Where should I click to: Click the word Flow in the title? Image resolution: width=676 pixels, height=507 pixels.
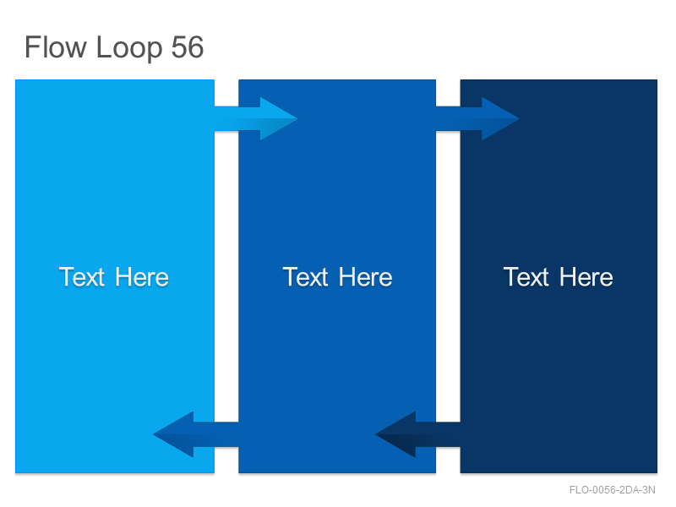[x=56, y=47]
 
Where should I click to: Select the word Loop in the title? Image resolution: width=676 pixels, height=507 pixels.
[x=129, y=48]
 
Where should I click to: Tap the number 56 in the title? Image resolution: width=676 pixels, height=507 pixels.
[x=187, y=47]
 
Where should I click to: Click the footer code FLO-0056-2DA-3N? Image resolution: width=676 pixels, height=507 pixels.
[x=612, y=490]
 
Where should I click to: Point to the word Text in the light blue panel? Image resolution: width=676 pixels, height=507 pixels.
[x=82, y=277]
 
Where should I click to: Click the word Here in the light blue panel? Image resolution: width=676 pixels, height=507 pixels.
[x=142, y=277]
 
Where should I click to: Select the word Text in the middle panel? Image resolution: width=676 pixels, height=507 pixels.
[x=305, y=277]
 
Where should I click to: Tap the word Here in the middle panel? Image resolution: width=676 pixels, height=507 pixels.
[x=366, y=277]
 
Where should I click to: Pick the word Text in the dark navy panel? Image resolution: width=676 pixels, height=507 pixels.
[x=526, y=277]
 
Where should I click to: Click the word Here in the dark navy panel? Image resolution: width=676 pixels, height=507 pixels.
[x=586, y=277]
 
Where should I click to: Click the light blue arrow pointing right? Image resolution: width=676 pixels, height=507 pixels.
[x=256, y=118]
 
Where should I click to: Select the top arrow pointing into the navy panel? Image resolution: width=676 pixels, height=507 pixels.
[x=477, y=118]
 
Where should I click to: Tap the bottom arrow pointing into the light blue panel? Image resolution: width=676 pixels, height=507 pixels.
[x=196, y=434]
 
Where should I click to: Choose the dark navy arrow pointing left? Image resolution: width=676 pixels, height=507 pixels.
[x=418, y=434]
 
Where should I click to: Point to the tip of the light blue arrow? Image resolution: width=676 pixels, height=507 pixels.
[x=297, y=118]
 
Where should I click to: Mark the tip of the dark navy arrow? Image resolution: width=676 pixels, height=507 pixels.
[x=376, y=434]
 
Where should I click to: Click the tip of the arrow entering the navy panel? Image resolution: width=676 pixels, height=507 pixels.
[x=519, y=118]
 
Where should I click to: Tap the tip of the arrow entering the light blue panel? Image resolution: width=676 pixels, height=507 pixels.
[x=154, y=434]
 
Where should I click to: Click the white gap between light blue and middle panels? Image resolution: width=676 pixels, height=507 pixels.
[x=226, y=276]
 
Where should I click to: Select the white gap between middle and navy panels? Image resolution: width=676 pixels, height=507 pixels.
[x=448, y=276]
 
